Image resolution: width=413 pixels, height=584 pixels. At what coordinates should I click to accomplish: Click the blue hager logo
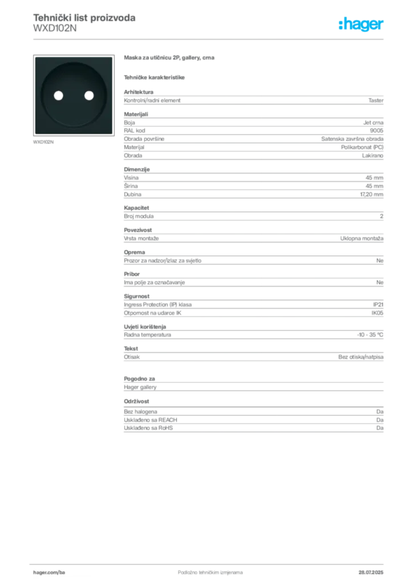(x=362, y=25)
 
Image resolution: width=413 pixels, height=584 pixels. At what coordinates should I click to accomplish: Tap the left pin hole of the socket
(x=57, y=95)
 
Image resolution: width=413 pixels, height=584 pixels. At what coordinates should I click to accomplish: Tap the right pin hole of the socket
(x=88, y=95)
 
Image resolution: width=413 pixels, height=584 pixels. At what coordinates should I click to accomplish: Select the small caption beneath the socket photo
(x=43, y=142)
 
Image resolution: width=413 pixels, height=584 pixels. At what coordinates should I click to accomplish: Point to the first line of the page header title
(x=84, y=18)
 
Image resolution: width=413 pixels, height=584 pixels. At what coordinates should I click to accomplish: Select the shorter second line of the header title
(x=54, y=32)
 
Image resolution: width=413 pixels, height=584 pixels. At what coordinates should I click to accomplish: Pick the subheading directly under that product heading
(x=155, y=77)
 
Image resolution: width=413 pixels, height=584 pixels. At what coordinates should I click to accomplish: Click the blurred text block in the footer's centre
(x=203, y=569)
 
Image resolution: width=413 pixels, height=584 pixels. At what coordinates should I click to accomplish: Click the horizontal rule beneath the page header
(x=210, y=39)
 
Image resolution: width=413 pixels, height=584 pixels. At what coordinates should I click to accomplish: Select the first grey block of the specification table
(x=253, y=100)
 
